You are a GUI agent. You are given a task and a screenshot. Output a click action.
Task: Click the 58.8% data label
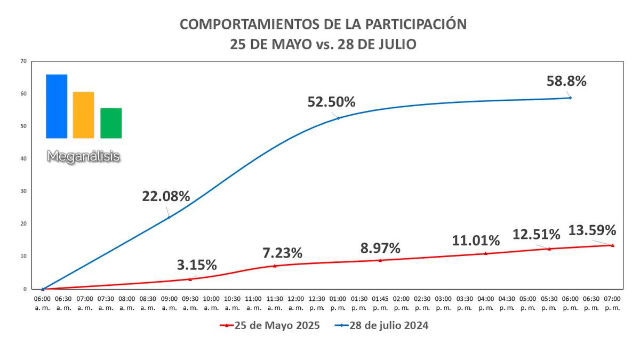tap(566, 81)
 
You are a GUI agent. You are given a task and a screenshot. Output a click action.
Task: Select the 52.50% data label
tap(331, 101)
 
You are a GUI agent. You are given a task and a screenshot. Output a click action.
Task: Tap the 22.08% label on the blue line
tap(166, 196)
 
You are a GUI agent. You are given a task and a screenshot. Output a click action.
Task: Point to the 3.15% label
tap(197, 265)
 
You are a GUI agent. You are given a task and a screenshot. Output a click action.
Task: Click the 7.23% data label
tap(282, 252)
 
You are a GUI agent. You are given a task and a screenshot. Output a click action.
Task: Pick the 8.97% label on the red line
tap(380, 248)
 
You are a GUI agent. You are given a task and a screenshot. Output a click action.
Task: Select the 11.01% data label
tap(476, 241)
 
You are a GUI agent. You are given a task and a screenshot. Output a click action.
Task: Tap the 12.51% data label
tap(536, 234)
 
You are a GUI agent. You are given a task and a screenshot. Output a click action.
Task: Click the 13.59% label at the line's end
tap(593, 230)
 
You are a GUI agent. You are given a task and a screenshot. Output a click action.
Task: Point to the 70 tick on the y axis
tap(23, 61)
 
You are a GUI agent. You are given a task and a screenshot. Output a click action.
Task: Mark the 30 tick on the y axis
tap(23, 191)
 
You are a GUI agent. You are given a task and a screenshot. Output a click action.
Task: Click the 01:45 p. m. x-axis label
tap(380, 305)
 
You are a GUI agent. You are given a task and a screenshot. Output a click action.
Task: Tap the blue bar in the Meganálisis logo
tap(57, 106)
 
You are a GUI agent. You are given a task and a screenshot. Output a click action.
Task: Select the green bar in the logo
tap(111, 123)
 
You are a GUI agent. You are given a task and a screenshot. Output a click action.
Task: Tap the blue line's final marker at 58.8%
tap(570, 98)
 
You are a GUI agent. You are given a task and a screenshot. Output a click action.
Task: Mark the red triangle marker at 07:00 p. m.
tap(612, 245)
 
